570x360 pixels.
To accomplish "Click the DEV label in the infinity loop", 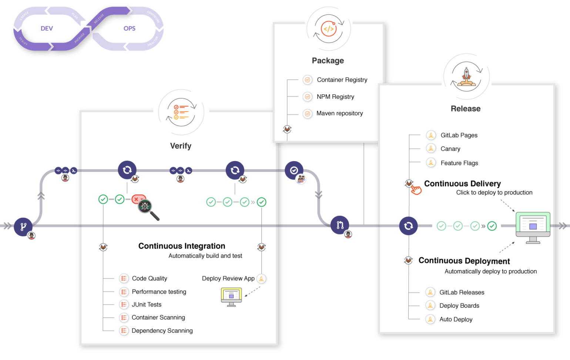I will pos(47,29).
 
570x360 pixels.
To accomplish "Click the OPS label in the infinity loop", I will pos(129,29).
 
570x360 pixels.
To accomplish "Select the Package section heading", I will pos(328,61).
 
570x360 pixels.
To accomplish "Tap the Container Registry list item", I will pos(342,80).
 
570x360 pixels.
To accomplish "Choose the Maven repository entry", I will pos(339,113).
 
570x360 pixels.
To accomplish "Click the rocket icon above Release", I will pos(466,77).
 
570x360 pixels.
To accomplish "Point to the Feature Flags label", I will pos(459,163).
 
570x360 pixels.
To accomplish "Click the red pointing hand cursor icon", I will pos(416,190).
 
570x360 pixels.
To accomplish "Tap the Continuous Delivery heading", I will pos(462,184).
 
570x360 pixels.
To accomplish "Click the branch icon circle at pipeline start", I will pos(23,226).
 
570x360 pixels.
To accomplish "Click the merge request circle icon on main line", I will pos(340,225).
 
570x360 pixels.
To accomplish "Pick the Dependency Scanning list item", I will pos(162,331).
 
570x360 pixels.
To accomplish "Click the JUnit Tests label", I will pos(147,304).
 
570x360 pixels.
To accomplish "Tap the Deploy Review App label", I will pos(228,279).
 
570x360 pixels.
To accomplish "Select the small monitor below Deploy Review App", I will pos(231,297).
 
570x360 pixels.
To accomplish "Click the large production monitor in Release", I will pos(533,227).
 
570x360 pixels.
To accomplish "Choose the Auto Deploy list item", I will pos(456,319).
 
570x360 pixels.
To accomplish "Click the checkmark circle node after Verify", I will pos(294,170).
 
